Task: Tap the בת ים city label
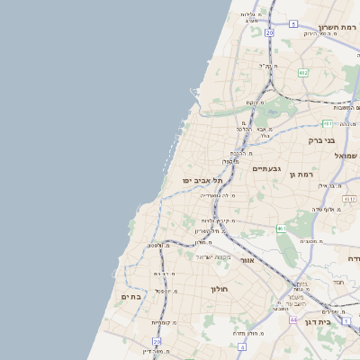click(x=131, y=296)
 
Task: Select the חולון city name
click(x=220, y=289)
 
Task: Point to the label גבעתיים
click(x=267, y=168)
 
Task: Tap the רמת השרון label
click(x=337, y=27)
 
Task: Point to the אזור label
click(x=247, y=260)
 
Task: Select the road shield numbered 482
click(x=303, y=72)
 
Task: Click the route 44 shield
click(x=292, y=319)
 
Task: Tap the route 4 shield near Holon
click(x=241, y=346)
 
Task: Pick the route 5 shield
click(x=293, y=23)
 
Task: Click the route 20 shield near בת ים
click(x=157, y=342)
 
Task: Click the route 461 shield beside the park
click(x=282, y=229)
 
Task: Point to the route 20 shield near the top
click(x=269, y=32)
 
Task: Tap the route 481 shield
click(x=327, y=122)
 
